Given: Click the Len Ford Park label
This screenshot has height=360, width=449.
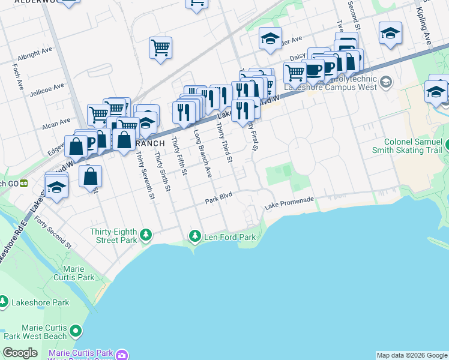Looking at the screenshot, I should pyautogui.click(x=231, y=237).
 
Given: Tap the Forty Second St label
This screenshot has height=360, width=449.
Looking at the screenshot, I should pyautogui.click(x=53, y=233).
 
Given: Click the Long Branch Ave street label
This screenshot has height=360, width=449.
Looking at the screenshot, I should pyautogui.click(x=202, y=154).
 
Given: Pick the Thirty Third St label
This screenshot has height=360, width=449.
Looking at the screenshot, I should pyautogui.click(x=224, y=143).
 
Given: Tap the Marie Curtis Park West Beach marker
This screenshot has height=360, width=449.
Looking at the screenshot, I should pyautogui.click(x=75, y=331).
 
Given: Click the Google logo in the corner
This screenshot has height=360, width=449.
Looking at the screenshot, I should pyautogui.click(x=20, y=353).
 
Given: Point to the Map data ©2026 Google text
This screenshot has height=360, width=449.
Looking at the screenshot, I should pyautogui.click(x=412, y=355).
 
